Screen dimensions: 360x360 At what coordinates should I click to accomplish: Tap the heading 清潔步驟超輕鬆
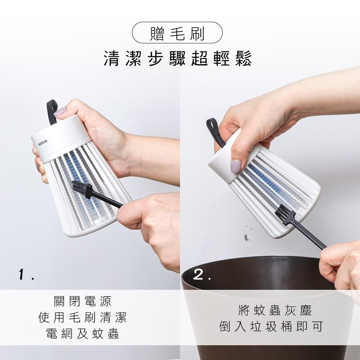click(177, 58)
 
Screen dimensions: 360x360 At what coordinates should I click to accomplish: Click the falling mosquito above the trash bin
click(247, 237)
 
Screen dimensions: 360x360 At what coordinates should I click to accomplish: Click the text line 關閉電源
click(82, 301)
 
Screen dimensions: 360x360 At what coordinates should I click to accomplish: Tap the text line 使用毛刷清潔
click(82, 318)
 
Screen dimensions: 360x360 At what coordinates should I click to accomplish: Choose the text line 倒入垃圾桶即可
click(271, 327)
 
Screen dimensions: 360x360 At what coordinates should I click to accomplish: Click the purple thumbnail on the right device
click(235, 166)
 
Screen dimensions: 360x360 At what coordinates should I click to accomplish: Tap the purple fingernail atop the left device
click(59, 111)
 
